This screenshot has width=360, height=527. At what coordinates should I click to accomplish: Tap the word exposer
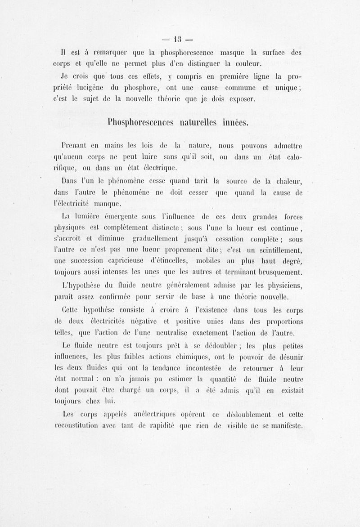click(239, 98)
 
